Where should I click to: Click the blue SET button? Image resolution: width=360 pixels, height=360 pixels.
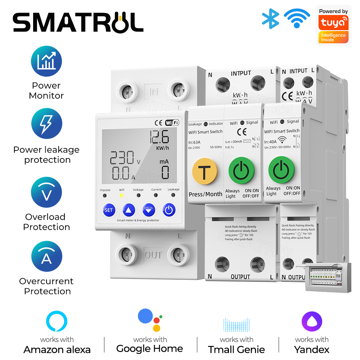[x=108, y=210]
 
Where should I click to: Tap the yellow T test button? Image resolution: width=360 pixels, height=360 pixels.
[x=204, y=171]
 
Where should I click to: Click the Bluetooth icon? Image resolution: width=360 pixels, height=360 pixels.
[x=270, y=18]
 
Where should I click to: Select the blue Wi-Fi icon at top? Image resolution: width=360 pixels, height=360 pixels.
[x=297, y=18]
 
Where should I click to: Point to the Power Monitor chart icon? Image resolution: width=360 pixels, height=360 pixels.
[x=46, y=61]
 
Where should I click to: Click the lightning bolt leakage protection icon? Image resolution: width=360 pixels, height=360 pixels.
[x=46, y=124]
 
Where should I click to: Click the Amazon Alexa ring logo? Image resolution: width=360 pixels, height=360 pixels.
[x=57, y=321]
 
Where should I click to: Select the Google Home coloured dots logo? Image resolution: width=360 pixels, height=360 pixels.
[x=150, y=320]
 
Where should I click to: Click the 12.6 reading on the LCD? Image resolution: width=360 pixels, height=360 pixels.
[x=159, y=137]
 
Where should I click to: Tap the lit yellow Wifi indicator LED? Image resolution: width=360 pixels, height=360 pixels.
[x=121, y=195]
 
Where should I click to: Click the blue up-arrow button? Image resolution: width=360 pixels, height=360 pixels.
[x=129, y=210]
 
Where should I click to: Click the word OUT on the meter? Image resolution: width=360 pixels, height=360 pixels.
[x=153, y=255]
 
